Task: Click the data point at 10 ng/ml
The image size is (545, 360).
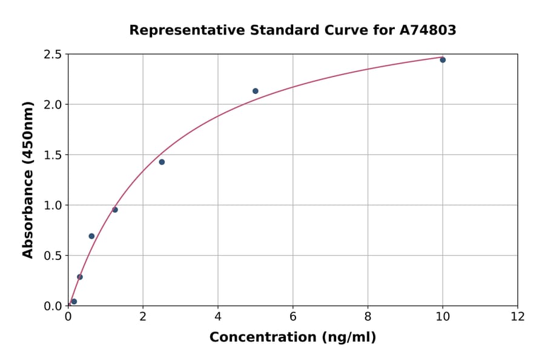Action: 443,60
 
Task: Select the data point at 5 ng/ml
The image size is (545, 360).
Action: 256,91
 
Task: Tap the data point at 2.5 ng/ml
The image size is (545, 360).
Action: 162,162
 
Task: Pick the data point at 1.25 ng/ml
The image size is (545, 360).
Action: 115,210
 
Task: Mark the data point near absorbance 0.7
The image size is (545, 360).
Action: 91,236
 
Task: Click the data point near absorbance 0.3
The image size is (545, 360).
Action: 80,277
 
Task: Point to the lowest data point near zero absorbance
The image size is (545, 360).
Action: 74,301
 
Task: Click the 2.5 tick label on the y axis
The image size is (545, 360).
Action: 53,55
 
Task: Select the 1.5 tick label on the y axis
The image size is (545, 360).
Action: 53,155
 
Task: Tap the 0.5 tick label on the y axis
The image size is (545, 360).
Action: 53,256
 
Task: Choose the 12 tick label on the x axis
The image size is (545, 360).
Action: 518,317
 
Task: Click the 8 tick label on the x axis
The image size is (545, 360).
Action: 368,317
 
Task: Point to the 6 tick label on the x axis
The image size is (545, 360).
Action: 293,317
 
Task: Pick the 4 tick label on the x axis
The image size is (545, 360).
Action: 218,317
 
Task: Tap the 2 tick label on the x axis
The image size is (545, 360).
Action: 143,317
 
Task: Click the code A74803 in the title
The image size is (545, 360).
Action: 428,30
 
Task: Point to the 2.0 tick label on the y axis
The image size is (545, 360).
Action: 53,105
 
